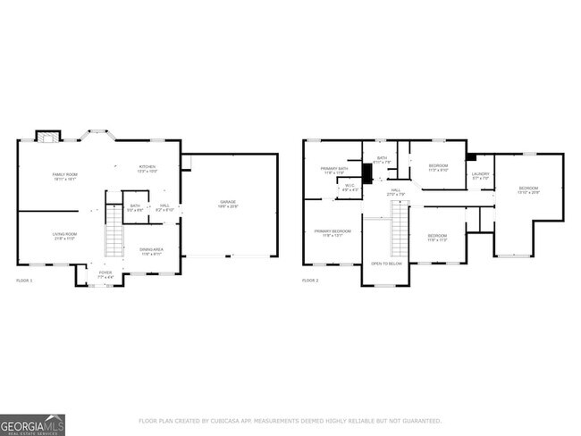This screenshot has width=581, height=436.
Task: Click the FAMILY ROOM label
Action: click(64, 175)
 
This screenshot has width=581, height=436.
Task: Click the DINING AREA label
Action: click(151, 251)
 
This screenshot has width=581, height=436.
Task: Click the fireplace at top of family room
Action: click(49, 136)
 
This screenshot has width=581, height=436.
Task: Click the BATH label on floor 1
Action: click(135, 205)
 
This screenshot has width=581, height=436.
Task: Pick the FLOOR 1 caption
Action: click(24, 281)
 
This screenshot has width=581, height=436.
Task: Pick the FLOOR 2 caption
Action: click(310, 281)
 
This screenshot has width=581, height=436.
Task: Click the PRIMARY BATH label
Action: click(333, 170)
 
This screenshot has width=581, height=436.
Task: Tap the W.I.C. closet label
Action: click(350, 188)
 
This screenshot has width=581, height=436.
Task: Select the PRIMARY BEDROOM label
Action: click(332, 232)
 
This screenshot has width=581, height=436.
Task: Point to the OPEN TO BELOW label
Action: click(386, 264)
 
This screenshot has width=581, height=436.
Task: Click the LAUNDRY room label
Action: click(481, 175)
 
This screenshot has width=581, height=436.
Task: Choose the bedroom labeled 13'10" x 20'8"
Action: click(529, 189)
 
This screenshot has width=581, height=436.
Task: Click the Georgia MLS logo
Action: click(33, 423)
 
